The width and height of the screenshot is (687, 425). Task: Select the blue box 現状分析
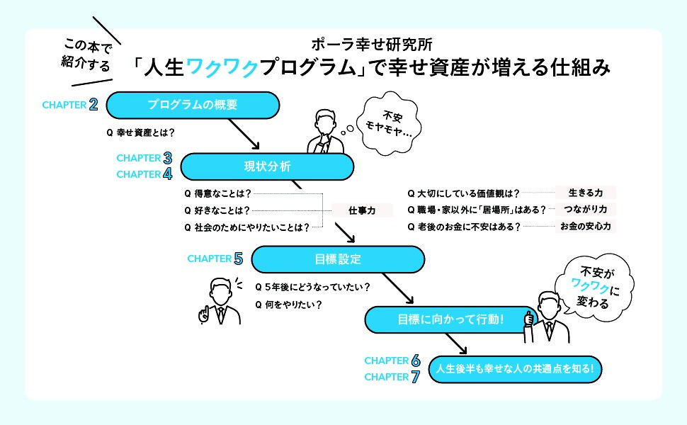coord(267,166)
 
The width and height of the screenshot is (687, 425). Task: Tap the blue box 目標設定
coord(338,259)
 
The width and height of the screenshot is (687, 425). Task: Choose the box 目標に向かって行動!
coord(450,320)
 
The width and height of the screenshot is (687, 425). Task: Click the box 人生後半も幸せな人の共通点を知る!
coord(519,369)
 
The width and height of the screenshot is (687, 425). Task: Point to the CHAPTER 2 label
coord(69,105)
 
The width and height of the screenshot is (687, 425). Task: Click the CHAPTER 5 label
coord(215,259)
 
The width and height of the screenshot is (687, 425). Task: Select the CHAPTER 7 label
coord(392,377)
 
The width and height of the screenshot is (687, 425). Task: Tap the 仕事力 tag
coord(361,210)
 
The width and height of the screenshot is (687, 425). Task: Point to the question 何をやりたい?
coord(288,305)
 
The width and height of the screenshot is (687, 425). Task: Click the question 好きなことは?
coord(217,210)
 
